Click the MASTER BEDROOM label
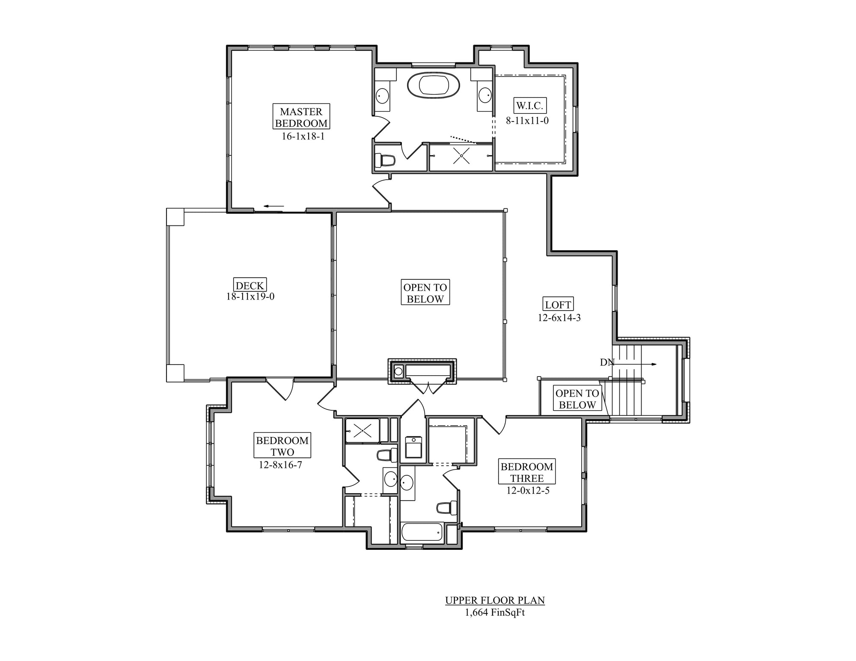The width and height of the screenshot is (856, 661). [x=301, y=117]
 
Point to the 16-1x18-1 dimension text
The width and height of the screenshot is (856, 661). [x=303, y=136]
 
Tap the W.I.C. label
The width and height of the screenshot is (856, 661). [x=530, y=106]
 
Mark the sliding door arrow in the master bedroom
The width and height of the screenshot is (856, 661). [x=273, y=206]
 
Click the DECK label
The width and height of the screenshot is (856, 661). [x=250, y=285]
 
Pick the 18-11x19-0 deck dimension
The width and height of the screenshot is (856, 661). [x=250, y=296]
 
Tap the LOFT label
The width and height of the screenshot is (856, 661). [x=558, y=304]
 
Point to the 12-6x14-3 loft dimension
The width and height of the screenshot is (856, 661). [x=559, y=318]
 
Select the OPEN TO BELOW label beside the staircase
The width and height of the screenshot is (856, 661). [x=577, y=399]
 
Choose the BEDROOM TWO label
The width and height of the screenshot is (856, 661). [x=282, y=446]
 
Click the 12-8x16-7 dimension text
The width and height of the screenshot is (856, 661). [x=281, y=465]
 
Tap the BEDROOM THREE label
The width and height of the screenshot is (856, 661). [x=527, y=472]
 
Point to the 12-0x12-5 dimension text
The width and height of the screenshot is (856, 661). [x=528, y=491]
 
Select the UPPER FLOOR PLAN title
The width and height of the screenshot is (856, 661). [x=495, y=601]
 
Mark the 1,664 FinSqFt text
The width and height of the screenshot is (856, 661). [x=495, y=613]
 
